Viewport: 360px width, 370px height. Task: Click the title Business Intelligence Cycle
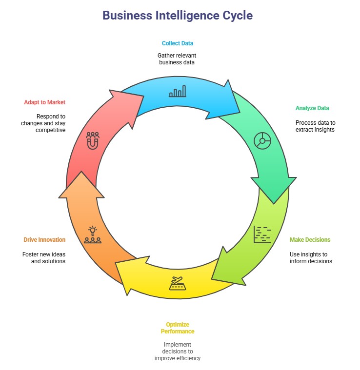(178, 16)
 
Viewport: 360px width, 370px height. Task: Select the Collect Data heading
(178, 43)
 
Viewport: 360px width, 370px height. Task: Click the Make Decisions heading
(310, 240)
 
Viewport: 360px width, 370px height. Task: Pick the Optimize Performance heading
(178, 328)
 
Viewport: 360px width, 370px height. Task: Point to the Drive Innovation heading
(44, 240)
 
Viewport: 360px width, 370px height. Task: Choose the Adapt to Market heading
(44, 102)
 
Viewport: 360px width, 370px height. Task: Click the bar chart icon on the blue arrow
(178, 91)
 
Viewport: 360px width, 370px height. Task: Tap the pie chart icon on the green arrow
(262, 140)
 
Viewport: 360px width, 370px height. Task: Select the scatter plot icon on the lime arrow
(262, 234)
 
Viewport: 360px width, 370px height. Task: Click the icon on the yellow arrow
(178, 283)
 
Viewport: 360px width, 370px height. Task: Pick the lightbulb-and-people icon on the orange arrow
(93, 234)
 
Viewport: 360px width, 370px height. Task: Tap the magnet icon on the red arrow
(93, 140)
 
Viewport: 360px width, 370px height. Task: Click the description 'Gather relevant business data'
(178, 58)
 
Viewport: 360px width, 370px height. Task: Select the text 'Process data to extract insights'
(315, 126)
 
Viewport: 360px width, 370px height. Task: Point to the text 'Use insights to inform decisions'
(311, 257)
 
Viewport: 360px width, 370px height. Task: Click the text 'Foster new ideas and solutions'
(44, 257)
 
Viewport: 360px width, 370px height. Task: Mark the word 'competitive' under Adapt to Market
(51, 130)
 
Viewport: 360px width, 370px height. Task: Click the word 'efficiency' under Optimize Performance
(187, 358)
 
